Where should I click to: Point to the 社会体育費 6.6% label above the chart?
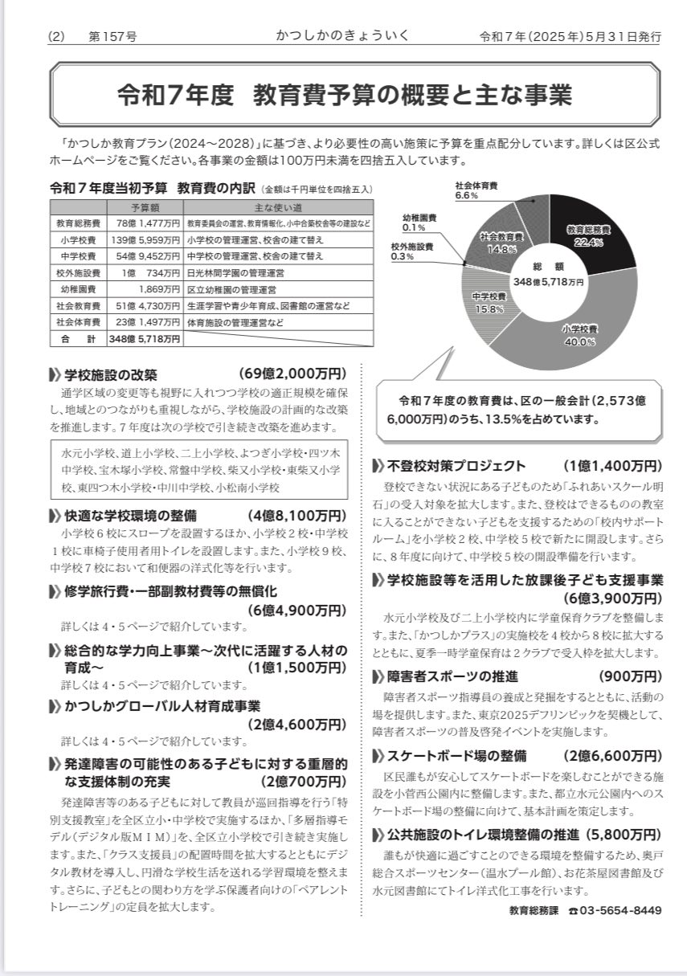(477, 190)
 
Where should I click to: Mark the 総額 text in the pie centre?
(549, 266)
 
